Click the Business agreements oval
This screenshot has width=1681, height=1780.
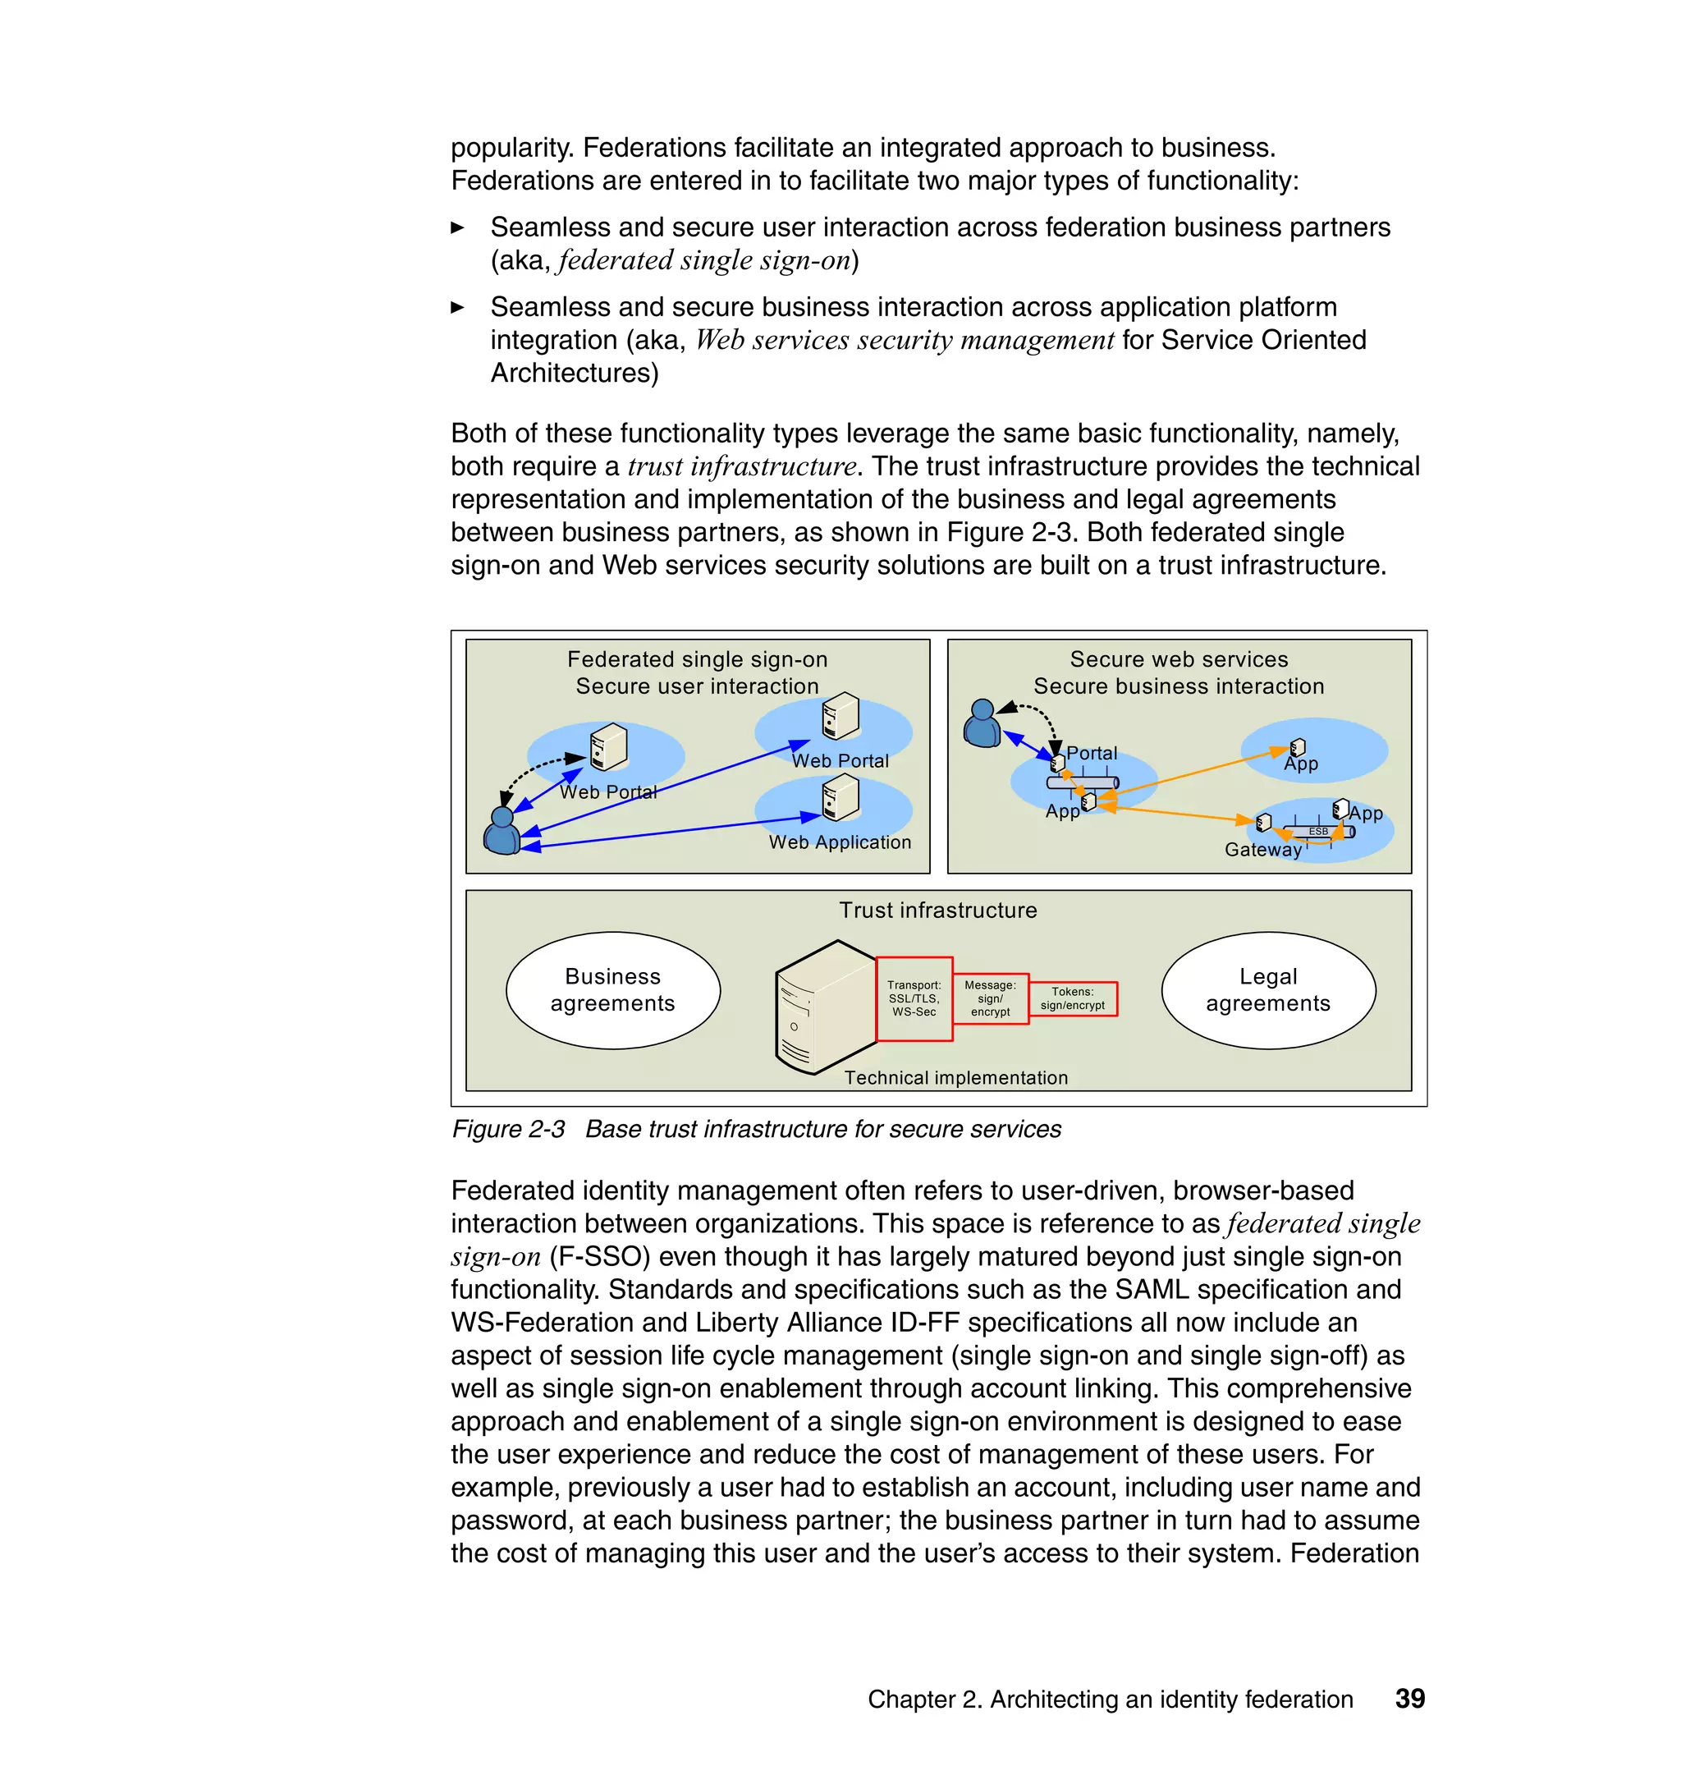coord(613,989)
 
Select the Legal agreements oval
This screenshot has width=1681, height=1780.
coord(1267,989)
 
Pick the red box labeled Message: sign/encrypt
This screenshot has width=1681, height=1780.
coord(989,998)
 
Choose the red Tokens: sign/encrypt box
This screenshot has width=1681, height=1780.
coord(1072,998)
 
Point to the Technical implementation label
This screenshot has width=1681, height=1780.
coord(955,1077)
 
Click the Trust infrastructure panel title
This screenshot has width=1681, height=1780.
coord(937,910)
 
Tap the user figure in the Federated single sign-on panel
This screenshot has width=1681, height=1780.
coord(502,831)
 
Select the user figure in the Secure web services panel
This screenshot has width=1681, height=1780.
coord(982,724)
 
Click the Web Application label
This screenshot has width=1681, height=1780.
coord(839,842)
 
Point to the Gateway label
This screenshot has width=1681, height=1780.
coord(1262,849)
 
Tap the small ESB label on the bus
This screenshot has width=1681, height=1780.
coord(1317,831)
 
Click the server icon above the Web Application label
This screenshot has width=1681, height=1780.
coord(840,798)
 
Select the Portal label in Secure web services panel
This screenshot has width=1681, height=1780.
coord(1091,753)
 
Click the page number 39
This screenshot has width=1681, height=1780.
coord(1409,1699)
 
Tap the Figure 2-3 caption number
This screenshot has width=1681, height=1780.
coord(508,1128)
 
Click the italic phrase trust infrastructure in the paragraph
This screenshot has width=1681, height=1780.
coord(742,466)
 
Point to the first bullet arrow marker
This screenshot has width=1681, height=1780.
coord(457,227)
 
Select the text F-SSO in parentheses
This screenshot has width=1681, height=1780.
coord(599,1256)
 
